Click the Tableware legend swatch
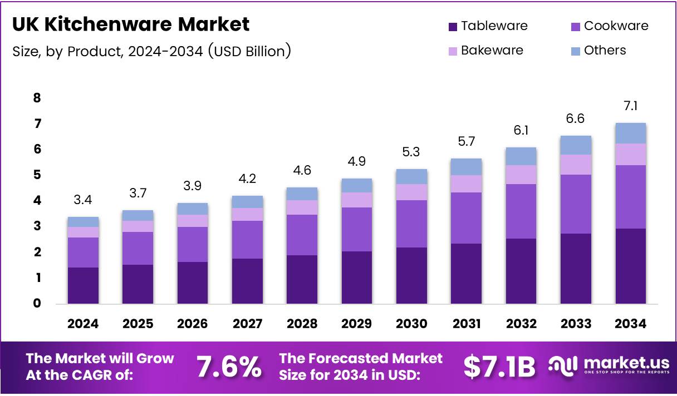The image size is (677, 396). pyautogui.click(x=453, y=26)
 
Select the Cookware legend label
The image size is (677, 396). pyautogui.click(x=616, y=26)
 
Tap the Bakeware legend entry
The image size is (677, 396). pyautogui.click(x=492, y=51)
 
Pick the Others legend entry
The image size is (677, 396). pyautogui.click(x=605, y=51)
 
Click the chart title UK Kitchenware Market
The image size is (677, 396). pyautogui.click(x=131, y=24)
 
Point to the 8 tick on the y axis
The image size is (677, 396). pyautogui.click(x=37, y=98)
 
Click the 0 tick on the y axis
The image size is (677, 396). pyautogui.click(x=37, y=303)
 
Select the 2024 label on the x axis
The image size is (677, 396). pyautogui.click(x=83, y=324)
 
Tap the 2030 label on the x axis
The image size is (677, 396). pyautogui.click(x=411, y=324)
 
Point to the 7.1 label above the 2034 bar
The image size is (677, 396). pyautogui.click(x=631, y=106)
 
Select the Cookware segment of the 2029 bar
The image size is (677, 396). pyautogui.click(x=357, y=229)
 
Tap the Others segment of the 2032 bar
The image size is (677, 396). pyautogui.click(x=521, y=156)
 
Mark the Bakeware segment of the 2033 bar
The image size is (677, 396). pyautogui.click(x=576, y=165)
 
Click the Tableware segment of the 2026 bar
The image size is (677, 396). pyautogui.click(x=193, y=283)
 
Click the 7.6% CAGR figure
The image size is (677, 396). pyautogui.click(x=229, y=367)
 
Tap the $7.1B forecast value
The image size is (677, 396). pyautogui.click(x=499, y=367)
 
